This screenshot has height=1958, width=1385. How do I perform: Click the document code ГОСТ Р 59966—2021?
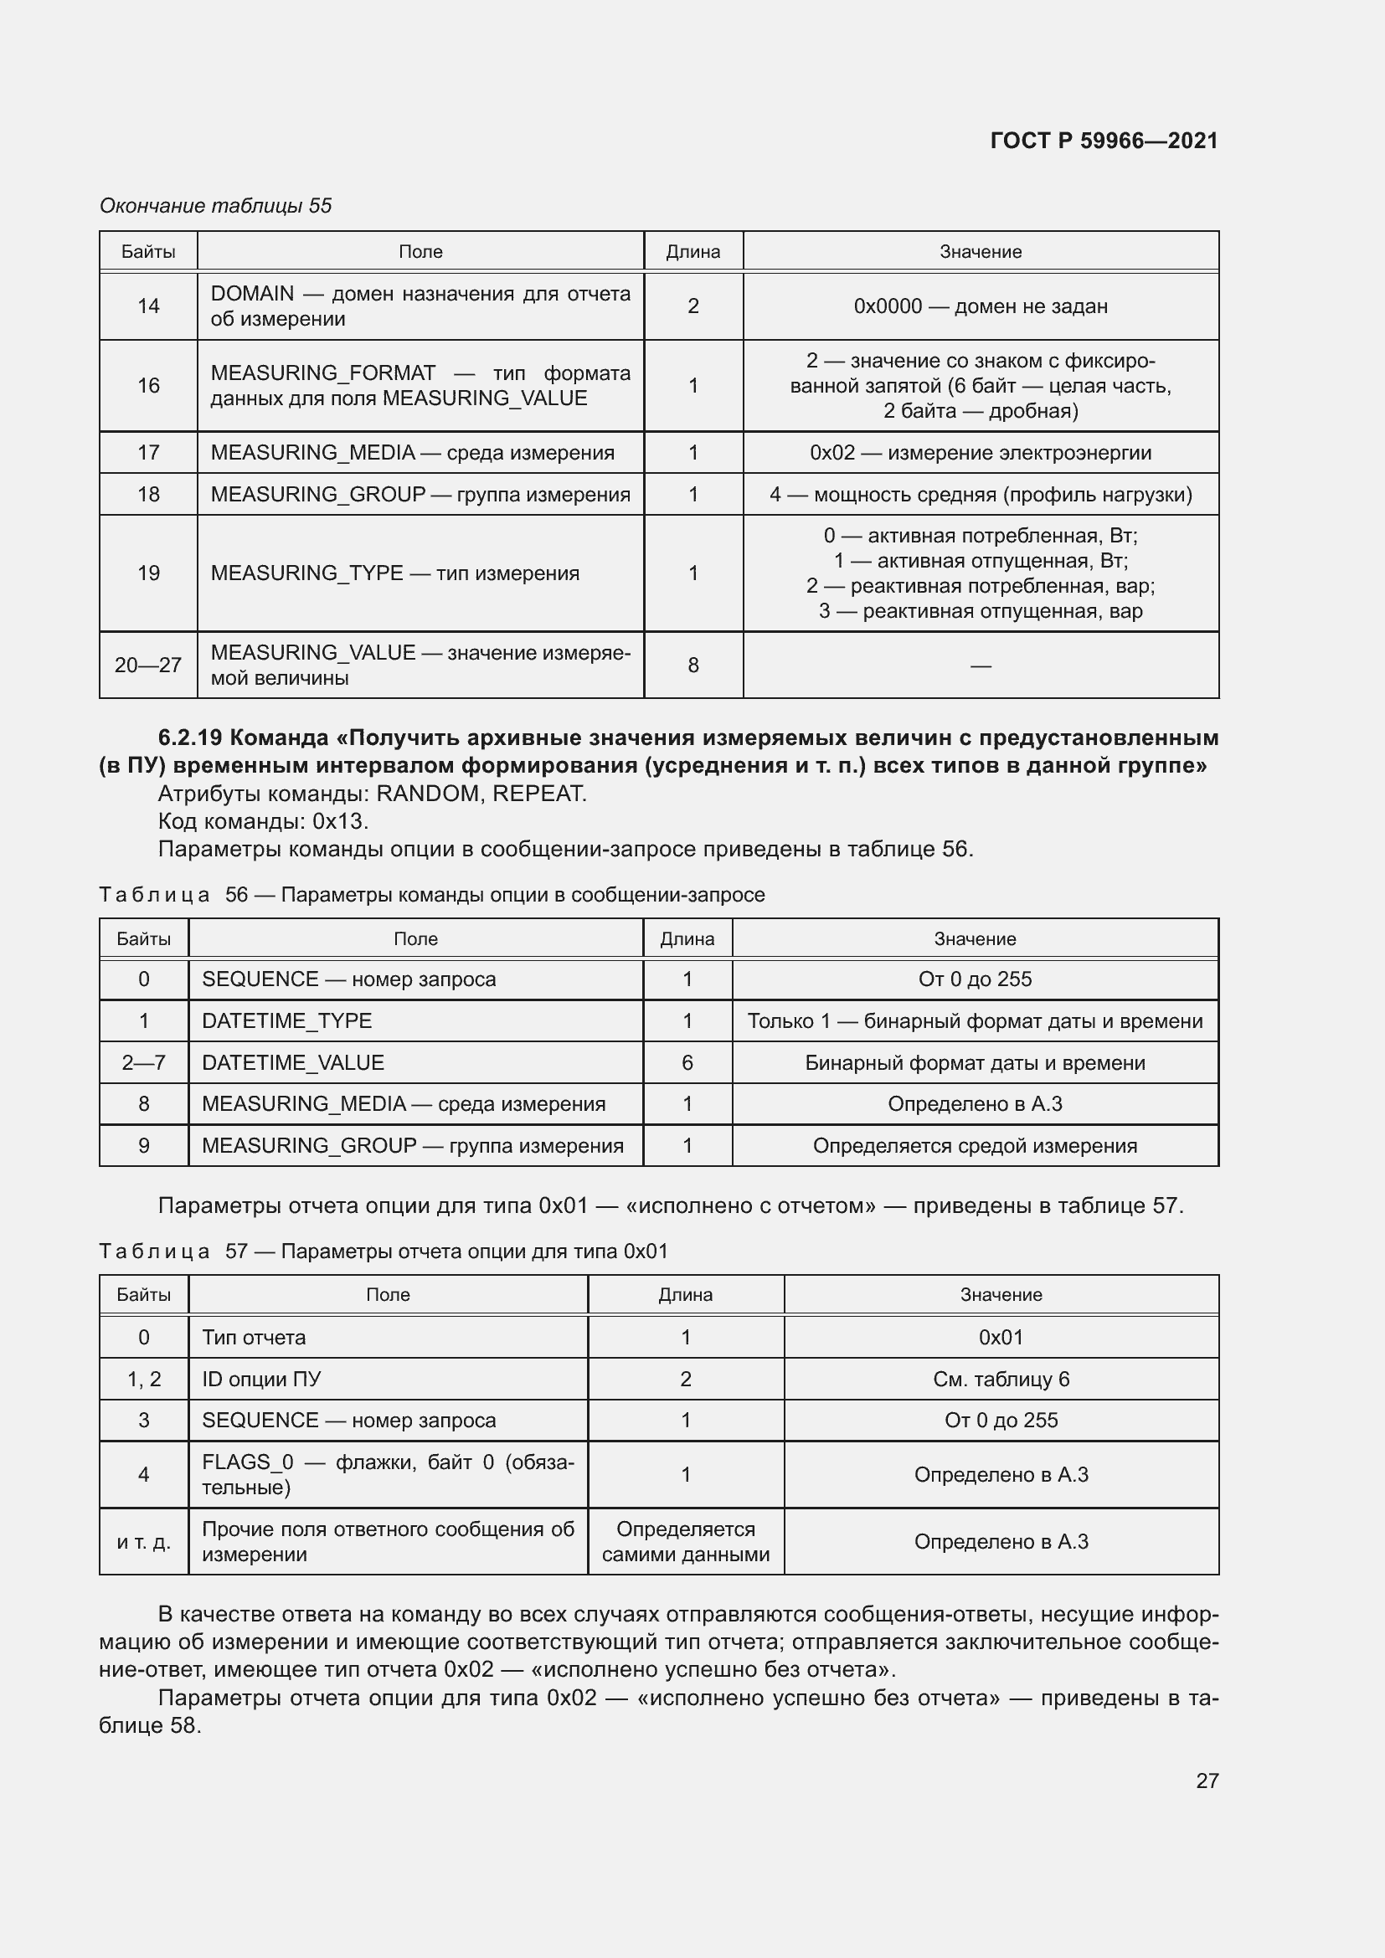click(1104, 141)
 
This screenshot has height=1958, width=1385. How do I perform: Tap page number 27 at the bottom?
click(1207, 1780)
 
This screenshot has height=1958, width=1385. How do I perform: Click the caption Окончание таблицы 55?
click(216, 206)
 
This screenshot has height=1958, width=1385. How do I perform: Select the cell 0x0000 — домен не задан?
click(980, 306)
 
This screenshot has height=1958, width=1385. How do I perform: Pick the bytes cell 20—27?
click(148, 666)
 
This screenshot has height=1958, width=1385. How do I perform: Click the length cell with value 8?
click(692, 666)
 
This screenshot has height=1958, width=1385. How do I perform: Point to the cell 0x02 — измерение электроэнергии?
click(980, 453)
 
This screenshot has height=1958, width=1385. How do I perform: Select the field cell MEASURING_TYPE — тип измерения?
click(395, 573)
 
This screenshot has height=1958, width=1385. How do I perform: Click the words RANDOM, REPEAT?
click(481, 794)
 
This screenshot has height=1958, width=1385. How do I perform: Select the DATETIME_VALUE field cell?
click(293, 1062)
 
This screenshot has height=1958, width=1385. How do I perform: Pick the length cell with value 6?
click(687, 1062)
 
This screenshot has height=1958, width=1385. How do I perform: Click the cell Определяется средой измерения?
click(975, 1145)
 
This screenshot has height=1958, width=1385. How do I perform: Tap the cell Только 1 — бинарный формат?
click(975, 1020)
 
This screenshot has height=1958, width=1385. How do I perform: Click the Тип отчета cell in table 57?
click(255, 1337)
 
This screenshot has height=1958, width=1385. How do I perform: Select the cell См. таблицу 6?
click(1001, 1379)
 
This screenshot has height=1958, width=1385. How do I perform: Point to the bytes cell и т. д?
click(143, 1541)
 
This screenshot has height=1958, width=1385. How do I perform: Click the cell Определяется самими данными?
click(686, 1541)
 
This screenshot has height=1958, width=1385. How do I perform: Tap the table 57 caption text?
click(384, 1251)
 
